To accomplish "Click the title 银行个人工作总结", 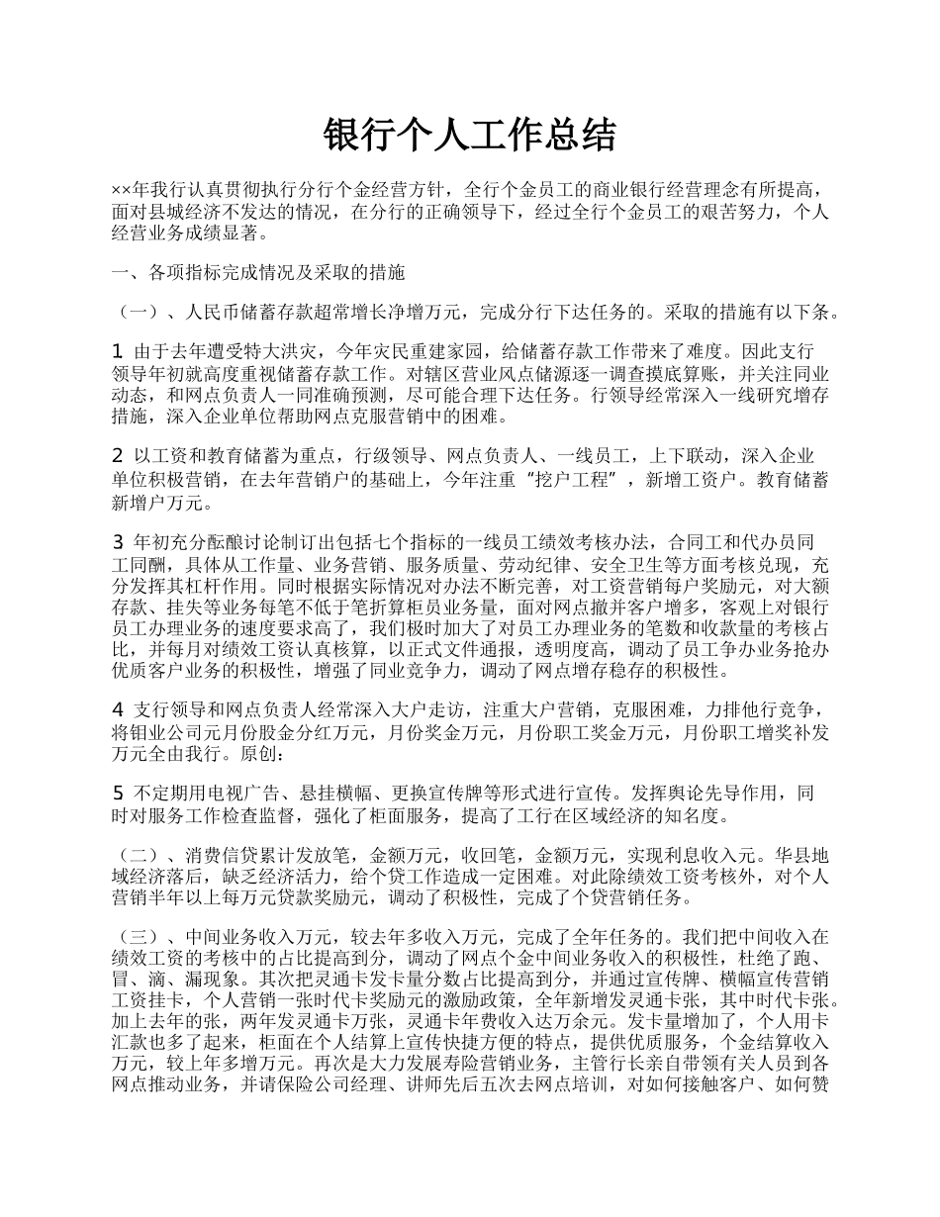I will [x=470, y=136].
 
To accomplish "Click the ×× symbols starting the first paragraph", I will [x=122, y=189].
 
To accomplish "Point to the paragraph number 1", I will [x=118, y=351].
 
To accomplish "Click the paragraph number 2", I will [x=118, y=456].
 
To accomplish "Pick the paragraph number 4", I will [x=118, y=709].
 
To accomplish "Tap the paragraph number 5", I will [x=118, y=794].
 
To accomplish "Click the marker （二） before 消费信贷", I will [x=140, y=854].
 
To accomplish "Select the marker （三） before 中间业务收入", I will [x=140, y=937].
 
